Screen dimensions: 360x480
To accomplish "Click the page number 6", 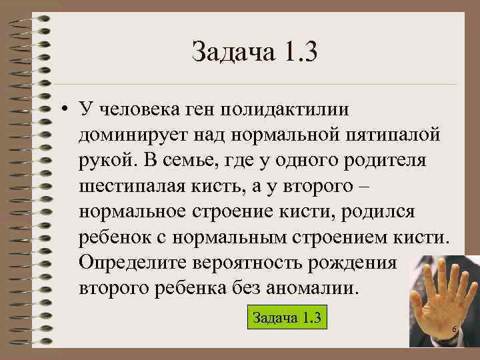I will tap(454, 331).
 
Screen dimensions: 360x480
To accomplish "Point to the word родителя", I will tap(393, 162).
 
